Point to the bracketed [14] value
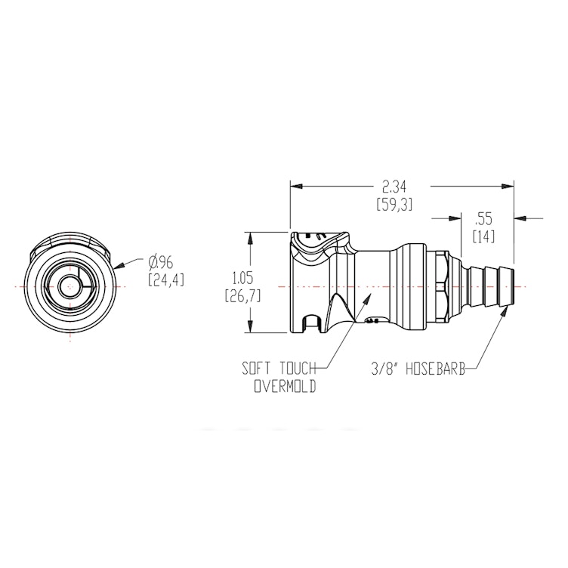click(483, 236)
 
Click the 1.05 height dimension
click(243, 277)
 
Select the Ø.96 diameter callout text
click(161, 261)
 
